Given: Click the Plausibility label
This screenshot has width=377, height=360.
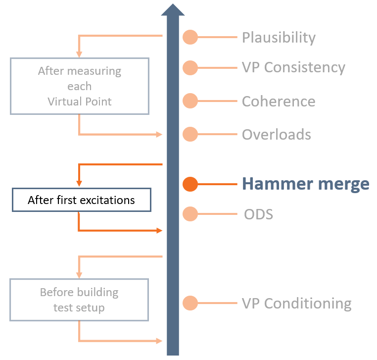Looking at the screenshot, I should [x=279, y=38].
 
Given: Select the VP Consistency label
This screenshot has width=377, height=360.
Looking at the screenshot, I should [x=293, y=67].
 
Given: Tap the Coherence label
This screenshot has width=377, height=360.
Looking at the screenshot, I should [x=279, y=101].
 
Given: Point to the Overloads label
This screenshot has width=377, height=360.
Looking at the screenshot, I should [x=277, y=135].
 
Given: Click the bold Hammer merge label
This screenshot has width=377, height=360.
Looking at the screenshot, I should [x=305, y=184].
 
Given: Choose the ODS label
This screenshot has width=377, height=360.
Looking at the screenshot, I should [x=259, y=214].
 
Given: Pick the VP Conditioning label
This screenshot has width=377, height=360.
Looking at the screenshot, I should [x=296, y=303].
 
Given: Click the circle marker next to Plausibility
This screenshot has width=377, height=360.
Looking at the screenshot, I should [x=190, y=37].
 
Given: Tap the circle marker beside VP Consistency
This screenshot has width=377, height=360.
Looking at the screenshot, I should [x=190, y=67].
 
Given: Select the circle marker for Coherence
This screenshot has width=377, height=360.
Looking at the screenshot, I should [x=190, y=101].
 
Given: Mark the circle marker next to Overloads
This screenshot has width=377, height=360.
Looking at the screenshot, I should [x=190, y=134].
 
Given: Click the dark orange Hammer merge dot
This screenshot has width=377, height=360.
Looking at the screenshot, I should [x=190, y=184].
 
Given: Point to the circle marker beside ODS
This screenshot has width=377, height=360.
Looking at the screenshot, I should [x=190, y=214].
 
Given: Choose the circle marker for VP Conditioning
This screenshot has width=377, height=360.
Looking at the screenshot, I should [x=190, y=303].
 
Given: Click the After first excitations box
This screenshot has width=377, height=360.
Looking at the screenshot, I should [x=81, y=200].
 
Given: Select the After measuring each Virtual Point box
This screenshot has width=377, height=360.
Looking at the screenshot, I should [x=79, y=86].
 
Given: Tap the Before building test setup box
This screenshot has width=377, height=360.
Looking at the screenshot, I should [x=79, y=300].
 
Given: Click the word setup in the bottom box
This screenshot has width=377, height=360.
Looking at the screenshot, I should [x=91, y=308].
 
